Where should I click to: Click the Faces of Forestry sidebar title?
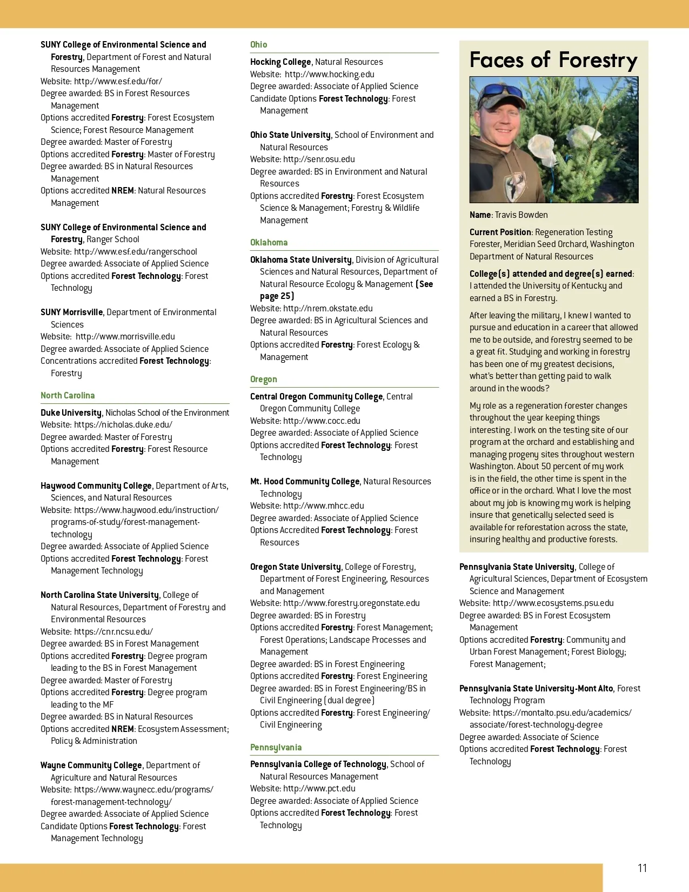(553, 60)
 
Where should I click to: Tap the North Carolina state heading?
(68, 396)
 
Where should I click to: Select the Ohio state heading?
(258, 45)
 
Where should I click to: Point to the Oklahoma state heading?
(269, 243)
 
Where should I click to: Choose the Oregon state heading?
(263, 380)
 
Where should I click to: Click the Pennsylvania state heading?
(276, 748)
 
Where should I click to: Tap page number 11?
(642, 868)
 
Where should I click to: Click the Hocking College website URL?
(329, 75)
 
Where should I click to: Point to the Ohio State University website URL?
(319, 159)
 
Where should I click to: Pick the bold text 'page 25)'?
(277, 296)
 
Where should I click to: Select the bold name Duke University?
(71, 413)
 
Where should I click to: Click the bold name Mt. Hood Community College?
(305, 482)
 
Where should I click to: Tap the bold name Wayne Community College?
(91, 765)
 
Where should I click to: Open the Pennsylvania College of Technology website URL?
(319, 789)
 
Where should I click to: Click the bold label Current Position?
(500, 232)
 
